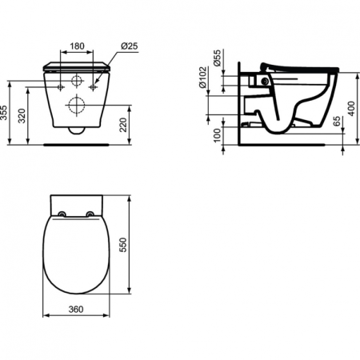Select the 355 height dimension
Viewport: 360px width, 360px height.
point(7,114)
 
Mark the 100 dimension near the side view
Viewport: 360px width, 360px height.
point(216,130)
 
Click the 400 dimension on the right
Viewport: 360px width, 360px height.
point(352,104)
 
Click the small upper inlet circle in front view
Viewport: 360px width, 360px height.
point(77,81)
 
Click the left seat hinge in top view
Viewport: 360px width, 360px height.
point(62,213)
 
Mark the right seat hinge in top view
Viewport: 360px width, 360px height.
point(90,213)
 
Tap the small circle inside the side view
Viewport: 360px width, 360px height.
point(262,80)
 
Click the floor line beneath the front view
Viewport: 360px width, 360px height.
point(77,145)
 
